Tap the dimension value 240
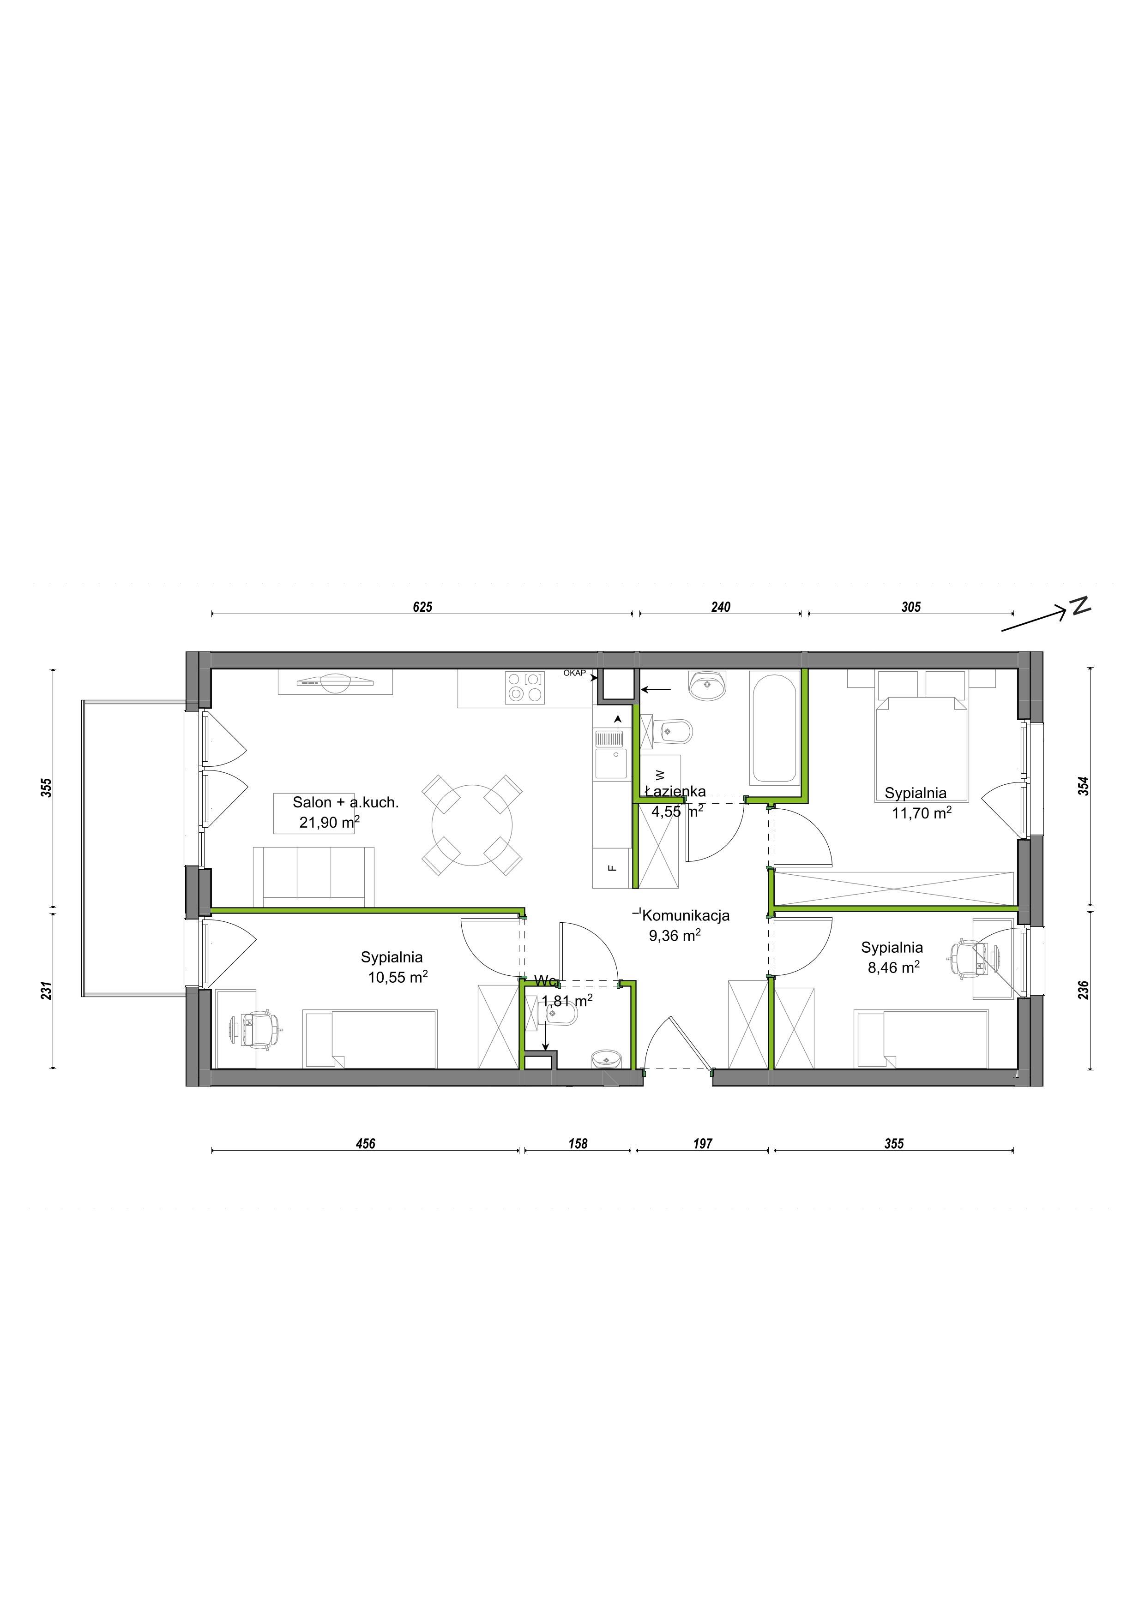point(721,607)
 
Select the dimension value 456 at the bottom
point(365,1144)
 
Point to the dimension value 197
point(702,1144)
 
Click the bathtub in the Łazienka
point(775,729)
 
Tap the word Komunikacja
point(685,915)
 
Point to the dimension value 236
point(1084,990)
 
